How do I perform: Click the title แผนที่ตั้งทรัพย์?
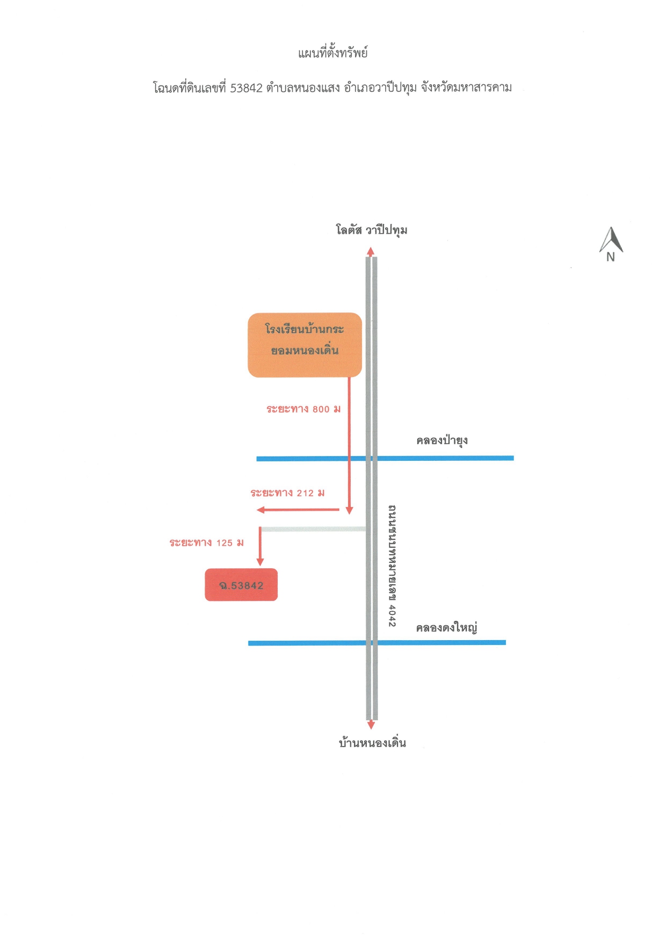tap(333, 53)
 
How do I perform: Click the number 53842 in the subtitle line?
tap(247, 88)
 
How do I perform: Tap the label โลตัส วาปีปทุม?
tap(372, 230)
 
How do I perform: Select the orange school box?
tap(305, 345)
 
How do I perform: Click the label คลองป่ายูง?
tap(442, 440)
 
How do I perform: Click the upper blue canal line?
tap(385, 458)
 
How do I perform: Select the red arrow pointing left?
tap(298, 510)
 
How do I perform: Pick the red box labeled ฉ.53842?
tap(241, 585)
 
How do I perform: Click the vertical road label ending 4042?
tap(393, 566)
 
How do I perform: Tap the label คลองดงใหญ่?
tap(447, 627)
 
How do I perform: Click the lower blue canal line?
tap(377, 642)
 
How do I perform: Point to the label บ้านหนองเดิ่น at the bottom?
tap(372, 743)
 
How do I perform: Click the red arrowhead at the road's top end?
tap(371, 251)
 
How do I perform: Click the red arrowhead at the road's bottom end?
tap(371, 724)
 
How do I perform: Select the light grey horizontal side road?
tap(314, 529)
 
